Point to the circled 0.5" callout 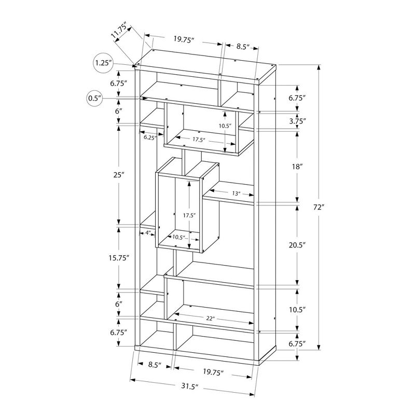tap(95, 98)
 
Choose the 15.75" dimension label tap(119, 257)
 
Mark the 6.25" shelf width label tap(149, 137)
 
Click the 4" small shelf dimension tap(147, 233)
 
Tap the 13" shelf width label tap(236, 193)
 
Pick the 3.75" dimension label tap(297, 121)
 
